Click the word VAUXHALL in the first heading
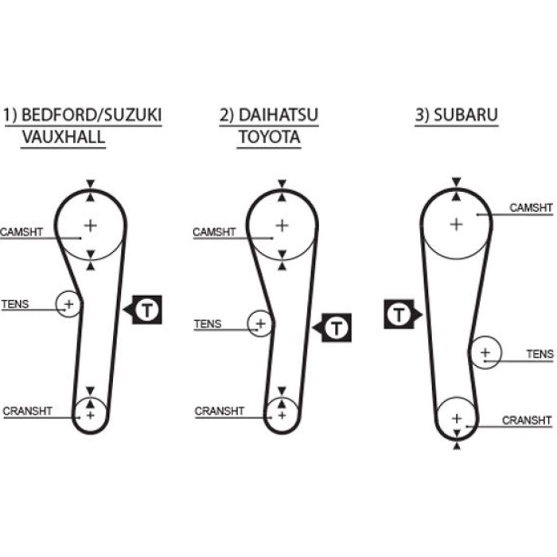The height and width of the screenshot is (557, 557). click(64, 137)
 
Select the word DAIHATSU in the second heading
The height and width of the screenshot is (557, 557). click(278, 115)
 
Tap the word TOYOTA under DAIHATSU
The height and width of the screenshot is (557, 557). click(269, 137)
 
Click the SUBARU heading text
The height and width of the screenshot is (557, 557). click(465, 115)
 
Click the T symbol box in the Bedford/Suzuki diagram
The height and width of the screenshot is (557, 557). click(142, 310)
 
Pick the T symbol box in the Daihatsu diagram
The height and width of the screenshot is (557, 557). click(332, 328)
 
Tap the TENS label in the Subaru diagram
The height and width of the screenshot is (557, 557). click(539, 354)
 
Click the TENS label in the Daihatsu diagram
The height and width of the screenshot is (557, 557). click(208, 324)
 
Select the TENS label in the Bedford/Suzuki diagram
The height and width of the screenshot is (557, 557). click(15, 304)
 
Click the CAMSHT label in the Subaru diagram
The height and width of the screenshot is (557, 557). click(531, 208)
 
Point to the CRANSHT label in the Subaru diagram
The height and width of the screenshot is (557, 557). click(527, 420)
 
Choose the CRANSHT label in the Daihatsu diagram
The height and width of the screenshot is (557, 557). click(219, 411)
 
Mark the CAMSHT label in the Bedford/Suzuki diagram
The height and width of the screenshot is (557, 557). click(21, 232)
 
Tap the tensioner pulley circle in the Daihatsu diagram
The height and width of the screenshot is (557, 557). click(247, 324)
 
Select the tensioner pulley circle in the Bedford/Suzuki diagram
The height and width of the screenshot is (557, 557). click(56, 304)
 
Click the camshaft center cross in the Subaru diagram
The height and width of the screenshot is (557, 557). click(457, 224)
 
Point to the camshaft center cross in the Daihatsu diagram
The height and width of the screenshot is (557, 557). click(282, 225)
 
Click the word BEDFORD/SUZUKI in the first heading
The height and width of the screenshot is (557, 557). click(92, 115)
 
